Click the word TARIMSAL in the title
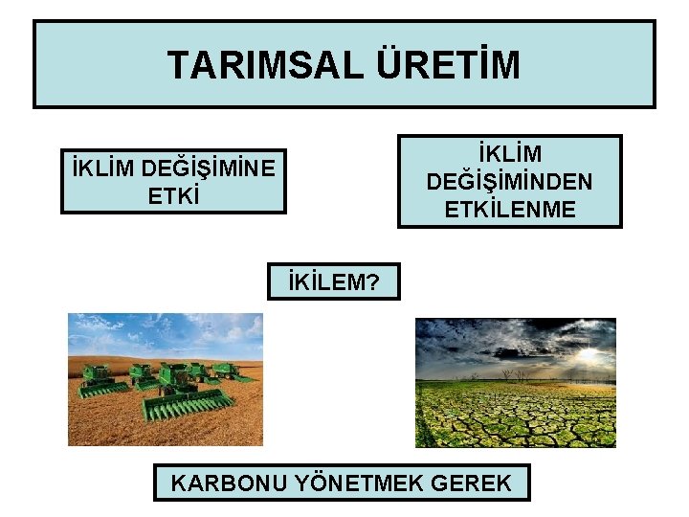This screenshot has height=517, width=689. [261, 65]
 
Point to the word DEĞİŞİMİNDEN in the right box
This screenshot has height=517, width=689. [510, 181]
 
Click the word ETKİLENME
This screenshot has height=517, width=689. [510, 209]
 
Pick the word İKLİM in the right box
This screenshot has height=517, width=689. [510, 154]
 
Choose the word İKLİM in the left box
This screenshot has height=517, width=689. [102, 169]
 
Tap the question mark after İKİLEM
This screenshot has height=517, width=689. [373, 282]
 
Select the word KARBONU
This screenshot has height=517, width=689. [227, 483]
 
